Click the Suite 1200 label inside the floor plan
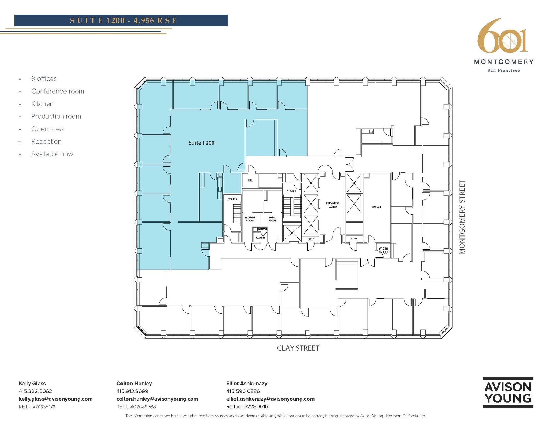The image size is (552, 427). (201, 143)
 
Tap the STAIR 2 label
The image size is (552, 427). (232, 199)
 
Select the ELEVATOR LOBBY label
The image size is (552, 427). (333, 205)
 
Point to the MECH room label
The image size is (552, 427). (376, 207)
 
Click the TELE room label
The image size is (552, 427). (250, 180)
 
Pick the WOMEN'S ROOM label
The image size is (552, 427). (250, 219)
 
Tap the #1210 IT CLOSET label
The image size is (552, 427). (383, 250)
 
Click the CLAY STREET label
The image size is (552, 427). (298, 348)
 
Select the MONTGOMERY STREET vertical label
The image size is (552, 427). (462, 217)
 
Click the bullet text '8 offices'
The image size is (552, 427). (44, 79)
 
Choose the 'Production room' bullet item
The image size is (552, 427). (56, 116)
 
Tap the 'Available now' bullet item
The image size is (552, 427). (52, 154)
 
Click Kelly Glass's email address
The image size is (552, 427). (56, 399)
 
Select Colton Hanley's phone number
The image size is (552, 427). (132, 391)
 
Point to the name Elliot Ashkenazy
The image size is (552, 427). (247, 383)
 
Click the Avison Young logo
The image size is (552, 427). (508, 392)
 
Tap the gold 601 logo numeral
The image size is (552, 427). (502, 36)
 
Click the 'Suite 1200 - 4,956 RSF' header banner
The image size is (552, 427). (121, 21)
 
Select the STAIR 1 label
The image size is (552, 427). (291, 191)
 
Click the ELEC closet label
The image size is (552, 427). (310, 239)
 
